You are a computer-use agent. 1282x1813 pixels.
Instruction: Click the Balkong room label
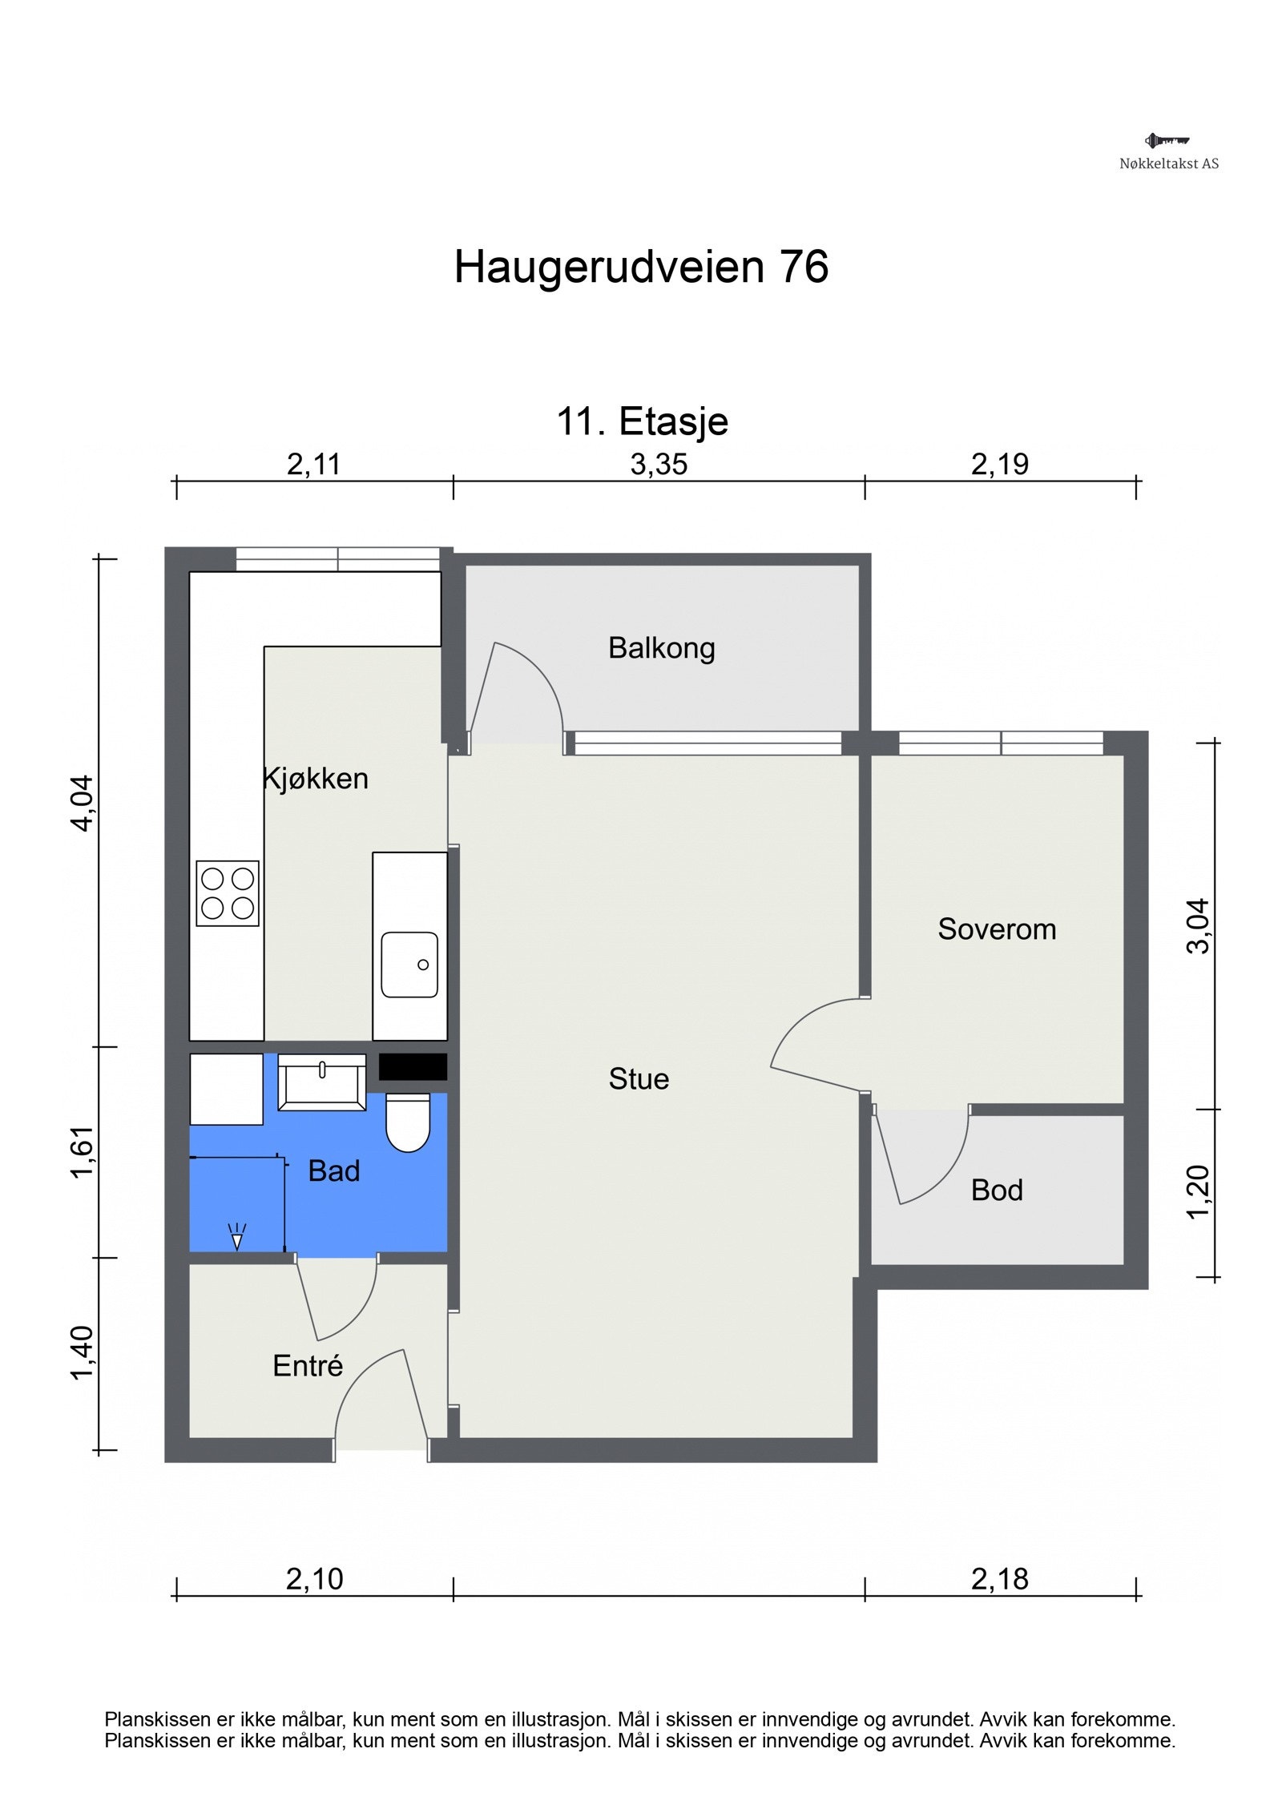tap(661, 648)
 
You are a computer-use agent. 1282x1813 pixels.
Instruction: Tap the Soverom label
tap(997, 929)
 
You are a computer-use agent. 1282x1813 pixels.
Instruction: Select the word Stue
tap(639, 1079)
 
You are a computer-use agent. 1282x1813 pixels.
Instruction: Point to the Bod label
tap(997, 1191)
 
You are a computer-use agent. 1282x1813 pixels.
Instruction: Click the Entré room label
tap(308, 1366)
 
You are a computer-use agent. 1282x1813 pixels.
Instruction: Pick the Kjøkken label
tap(316, 779)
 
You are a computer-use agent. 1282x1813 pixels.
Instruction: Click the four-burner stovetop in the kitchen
tap(228, 893)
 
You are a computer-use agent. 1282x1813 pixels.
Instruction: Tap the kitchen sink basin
tap(409, 965)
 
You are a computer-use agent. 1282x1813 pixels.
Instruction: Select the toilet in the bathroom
tap(408, 1122)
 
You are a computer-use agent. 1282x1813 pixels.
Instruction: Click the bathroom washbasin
tap(321, 1082)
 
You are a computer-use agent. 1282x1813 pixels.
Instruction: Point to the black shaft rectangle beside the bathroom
tap(413, 1066)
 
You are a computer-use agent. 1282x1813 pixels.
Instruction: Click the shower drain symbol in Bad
tap(236, 1236)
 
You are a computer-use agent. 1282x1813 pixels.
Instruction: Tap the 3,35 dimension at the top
tap(659, 465)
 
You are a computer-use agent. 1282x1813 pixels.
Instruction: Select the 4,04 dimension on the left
tap(83, 804)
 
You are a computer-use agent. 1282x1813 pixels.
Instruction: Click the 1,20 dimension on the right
tap(1196, 1192)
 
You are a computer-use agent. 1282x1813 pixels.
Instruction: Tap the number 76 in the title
tap(804, 267)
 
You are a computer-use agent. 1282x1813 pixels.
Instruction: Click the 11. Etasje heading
tap(643, 422)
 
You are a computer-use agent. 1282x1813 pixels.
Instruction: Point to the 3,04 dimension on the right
tap(1196, 926)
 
